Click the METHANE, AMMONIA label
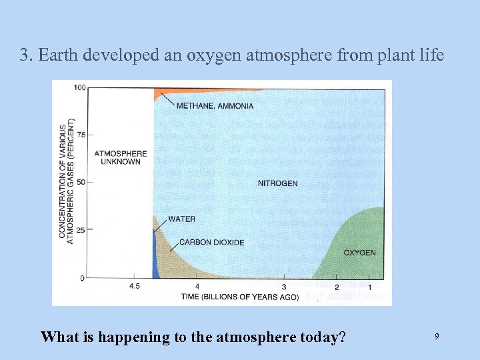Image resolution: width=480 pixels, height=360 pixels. point(215,106)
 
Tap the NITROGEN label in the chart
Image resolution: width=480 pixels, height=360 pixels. point(277,183)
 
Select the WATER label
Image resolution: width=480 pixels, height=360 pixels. point(182,219)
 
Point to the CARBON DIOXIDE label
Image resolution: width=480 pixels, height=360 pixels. point(211,243)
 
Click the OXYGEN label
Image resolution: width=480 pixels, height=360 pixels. point(359,253)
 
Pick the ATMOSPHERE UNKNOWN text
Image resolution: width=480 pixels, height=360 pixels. point(121,157)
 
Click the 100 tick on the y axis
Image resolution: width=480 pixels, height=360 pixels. point(79,87)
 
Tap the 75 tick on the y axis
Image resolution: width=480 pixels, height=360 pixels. point(81,135)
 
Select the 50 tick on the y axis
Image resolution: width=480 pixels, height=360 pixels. point(81,182)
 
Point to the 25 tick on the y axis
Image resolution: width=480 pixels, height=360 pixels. point(81,230)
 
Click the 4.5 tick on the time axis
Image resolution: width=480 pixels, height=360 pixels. point(134,287)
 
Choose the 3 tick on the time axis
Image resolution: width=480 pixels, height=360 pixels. point(284,287)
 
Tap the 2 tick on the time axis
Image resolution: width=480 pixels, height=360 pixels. point(337,287)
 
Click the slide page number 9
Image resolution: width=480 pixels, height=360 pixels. point(437,337)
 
